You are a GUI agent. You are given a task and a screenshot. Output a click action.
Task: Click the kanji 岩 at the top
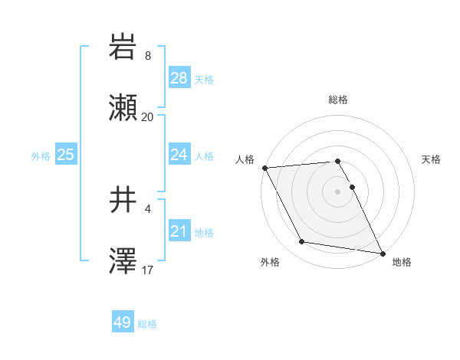pos(123,48)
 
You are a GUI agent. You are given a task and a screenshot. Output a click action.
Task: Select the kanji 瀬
pos(123,108)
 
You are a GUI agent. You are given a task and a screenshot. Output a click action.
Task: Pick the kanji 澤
pos(123,261)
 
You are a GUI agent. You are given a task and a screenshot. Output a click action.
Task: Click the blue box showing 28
pos(179,78)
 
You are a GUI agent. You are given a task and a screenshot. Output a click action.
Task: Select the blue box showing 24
pos(179,155)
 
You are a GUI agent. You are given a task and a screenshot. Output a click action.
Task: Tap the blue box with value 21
pos(179,231)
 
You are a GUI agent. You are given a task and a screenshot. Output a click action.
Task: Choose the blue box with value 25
pos(66,155)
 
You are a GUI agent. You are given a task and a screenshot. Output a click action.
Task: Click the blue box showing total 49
pos(123,322)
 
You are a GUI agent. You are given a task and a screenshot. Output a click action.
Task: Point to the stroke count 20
pos(147,117)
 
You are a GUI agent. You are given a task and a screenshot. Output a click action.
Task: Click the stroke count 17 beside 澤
pos(148,270)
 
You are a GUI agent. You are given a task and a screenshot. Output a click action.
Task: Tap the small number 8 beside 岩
pos(148,56)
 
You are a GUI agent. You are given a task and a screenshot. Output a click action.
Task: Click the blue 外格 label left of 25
pos(41,155)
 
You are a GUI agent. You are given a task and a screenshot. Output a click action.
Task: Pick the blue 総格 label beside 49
pos(147,324)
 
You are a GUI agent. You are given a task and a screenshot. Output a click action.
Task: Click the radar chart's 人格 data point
pos(264,168)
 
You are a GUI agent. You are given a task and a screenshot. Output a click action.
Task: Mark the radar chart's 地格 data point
pos(381,252)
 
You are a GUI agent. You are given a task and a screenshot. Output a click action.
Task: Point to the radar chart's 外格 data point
pos(302,242)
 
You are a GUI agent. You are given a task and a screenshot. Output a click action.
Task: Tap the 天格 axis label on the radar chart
pos(431,159)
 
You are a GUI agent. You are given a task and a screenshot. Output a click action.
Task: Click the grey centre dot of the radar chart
pos(338,191)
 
